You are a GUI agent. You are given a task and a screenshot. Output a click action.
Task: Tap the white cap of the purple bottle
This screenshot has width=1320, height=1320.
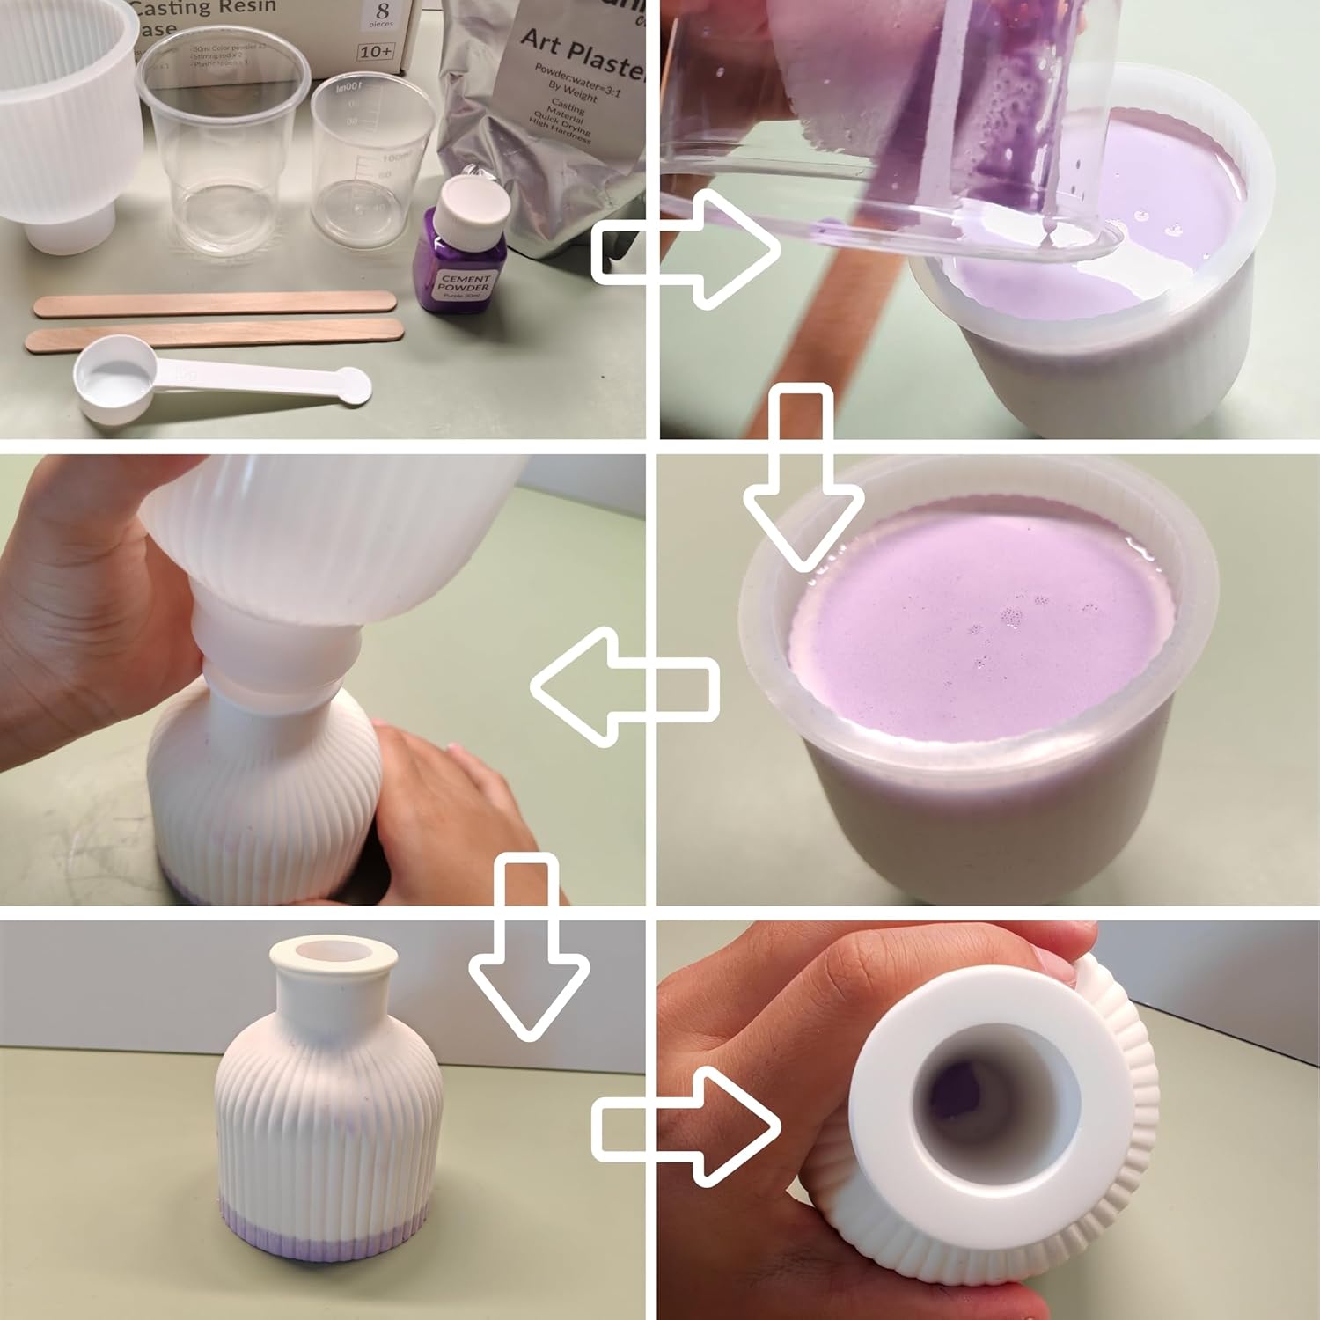475,203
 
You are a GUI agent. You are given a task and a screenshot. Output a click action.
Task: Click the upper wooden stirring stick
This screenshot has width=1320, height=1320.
214,303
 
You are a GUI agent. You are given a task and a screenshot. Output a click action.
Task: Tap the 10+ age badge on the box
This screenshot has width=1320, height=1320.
376,50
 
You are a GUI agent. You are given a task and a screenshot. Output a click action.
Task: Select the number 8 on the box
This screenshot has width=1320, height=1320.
381,13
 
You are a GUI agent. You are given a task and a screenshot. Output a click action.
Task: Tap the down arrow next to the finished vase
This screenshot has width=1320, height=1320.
528,942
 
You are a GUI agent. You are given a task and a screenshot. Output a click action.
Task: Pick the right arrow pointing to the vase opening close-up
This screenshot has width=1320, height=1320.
686,1126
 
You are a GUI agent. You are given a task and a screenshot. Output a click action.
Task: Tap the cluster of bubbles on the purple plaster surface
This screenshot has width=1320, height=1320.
1012,616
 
